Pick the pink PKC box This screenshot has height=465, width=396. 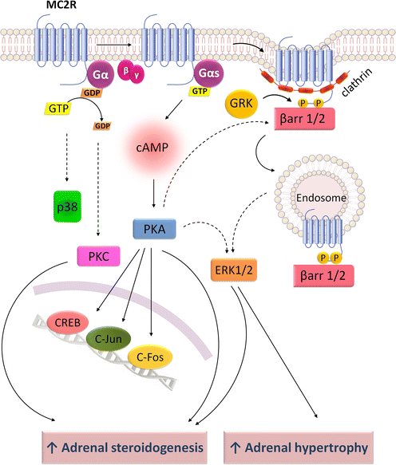97,257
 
